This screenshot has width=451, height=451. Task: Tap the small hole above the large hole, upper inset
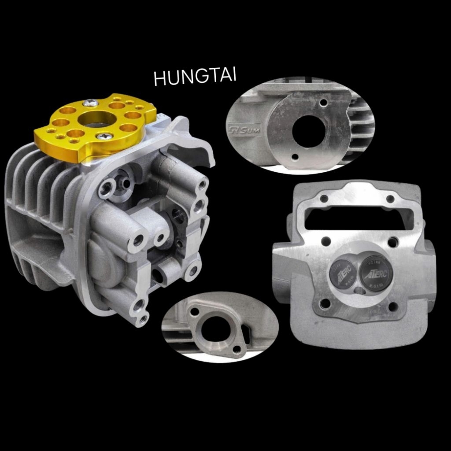[324, 103]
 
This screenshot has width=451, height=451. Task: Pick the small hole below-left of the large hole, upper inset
[295, 157]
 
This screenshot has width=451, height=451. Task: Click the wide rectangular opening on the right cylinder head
[359, 218]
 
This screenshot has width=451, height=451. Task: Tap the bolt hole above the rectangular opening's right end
[390, 199]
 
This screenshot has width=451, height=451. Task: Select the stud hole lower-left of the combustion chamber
[325, 303]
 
